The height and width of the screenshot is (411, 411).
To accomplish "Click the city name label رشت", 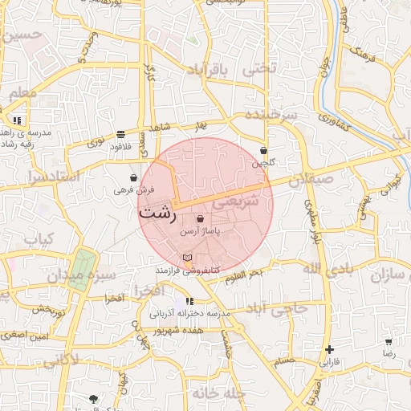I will point(158,214).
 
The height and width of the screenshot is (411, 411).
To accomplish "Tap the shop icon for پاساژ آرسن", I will point(200,218).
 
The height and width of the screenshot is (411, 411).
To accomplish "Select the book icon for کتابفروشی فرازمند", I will point(188,258).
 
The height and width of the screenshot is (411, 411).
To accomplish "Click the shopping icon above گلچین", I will point(263,150).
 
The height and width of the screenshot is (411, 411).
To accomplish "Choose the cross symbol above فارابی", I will point(330,350).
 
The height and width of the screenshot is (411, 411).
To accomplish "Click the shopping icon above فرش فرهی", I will point(132,177).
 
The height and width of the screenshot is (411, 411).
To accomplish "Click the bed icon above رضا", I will point(389,341).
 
